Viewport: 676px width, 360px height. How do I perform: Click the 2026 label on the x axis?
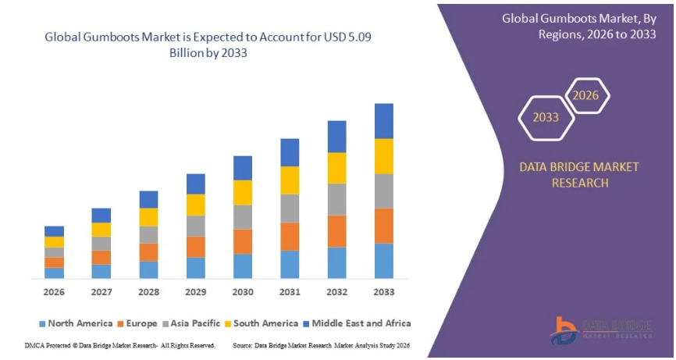click(x=54, y=291)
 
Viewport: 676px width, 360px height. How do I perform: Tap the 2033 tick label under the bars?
click(x=384, y=291)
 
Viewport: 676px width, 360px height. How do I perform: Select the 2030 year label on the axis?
click(x=243, y=291)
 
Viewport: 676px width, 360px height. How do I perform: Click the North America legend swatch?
click(x=41, y=323)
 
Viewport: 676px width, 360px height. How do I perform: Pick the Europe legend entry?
click(x=141, y=323)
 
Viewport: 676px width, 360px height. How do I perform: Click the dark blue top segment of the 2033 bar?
click(x=384, y=121)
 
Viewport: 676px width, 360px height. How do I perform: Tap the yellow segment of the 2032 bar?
click(x=336, y=168)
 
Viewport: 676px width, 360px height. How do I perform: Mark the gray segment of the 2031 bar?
click(x=290, y=209)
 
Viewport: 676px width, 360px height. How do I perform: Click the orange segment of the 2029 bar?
click(x=196, y=247)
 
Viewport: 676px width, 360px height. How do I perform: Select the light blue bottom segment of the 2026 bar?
click(x=54, y=273)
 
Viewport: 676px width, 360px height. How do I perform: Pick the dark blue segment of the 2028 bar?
click(x=148, y=199)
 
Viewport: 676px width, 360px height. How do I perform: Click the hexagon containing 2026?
click(x=585, y=95)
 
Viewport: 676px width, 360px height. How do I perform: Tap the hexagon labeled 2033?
click(x=546, y=117)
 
